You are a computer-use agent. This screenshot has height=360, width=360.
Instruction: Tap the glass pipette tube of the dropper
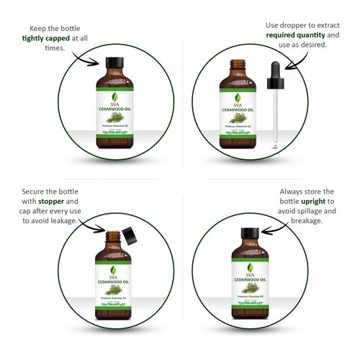click(x=276, y=122)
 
